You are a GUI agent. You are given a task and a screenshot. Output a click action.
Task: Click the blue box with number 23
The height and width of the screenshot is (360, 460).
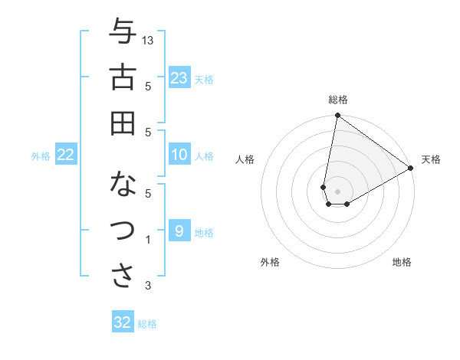point(179,78)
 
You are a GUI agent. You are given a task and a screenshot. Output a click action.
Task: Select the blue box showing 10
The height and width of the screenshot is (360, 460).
point(179,155)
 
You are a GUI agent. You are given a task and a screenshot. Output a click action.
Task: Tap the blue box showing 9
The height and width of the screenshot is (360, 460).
point(179,231)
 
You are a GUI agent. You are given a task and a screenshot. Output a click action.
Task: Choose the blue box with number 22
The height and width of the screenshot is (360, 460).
point(66,155)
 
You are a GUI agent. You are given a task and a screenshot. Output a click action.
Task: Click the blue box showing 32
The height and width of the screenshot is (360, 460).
point(123,322)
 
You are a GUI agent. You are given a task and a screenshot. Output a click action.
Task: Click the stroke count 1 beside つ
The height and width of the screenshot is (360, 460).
point(148,240)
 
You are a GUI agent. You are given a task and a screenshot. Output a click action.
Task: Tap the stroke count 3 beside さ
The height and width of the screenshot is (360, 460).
point(148,286)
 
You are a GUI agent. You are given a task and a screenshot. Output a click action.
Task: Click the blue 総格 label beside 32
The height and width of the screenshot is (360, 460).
point(147,324)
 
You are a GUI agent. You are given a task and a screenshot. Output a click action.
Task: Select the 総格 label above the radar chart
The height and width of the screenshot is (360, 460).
point(338,100)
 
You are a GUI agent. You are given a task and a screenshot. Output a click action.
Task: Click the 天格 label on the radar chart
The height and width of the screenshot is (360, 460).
point(431,159)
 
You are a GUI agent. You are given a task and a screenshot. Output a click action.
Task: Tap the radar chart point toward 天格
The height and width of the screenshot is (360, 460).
point(411,169)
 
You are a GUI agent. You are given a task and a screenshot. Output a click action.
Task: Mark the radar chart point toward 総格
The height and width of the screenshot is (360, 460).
point(337,116)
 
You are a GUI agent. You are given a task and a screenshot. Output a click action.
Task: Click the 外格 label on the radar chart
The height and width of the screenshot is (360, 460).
point(270,263)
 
